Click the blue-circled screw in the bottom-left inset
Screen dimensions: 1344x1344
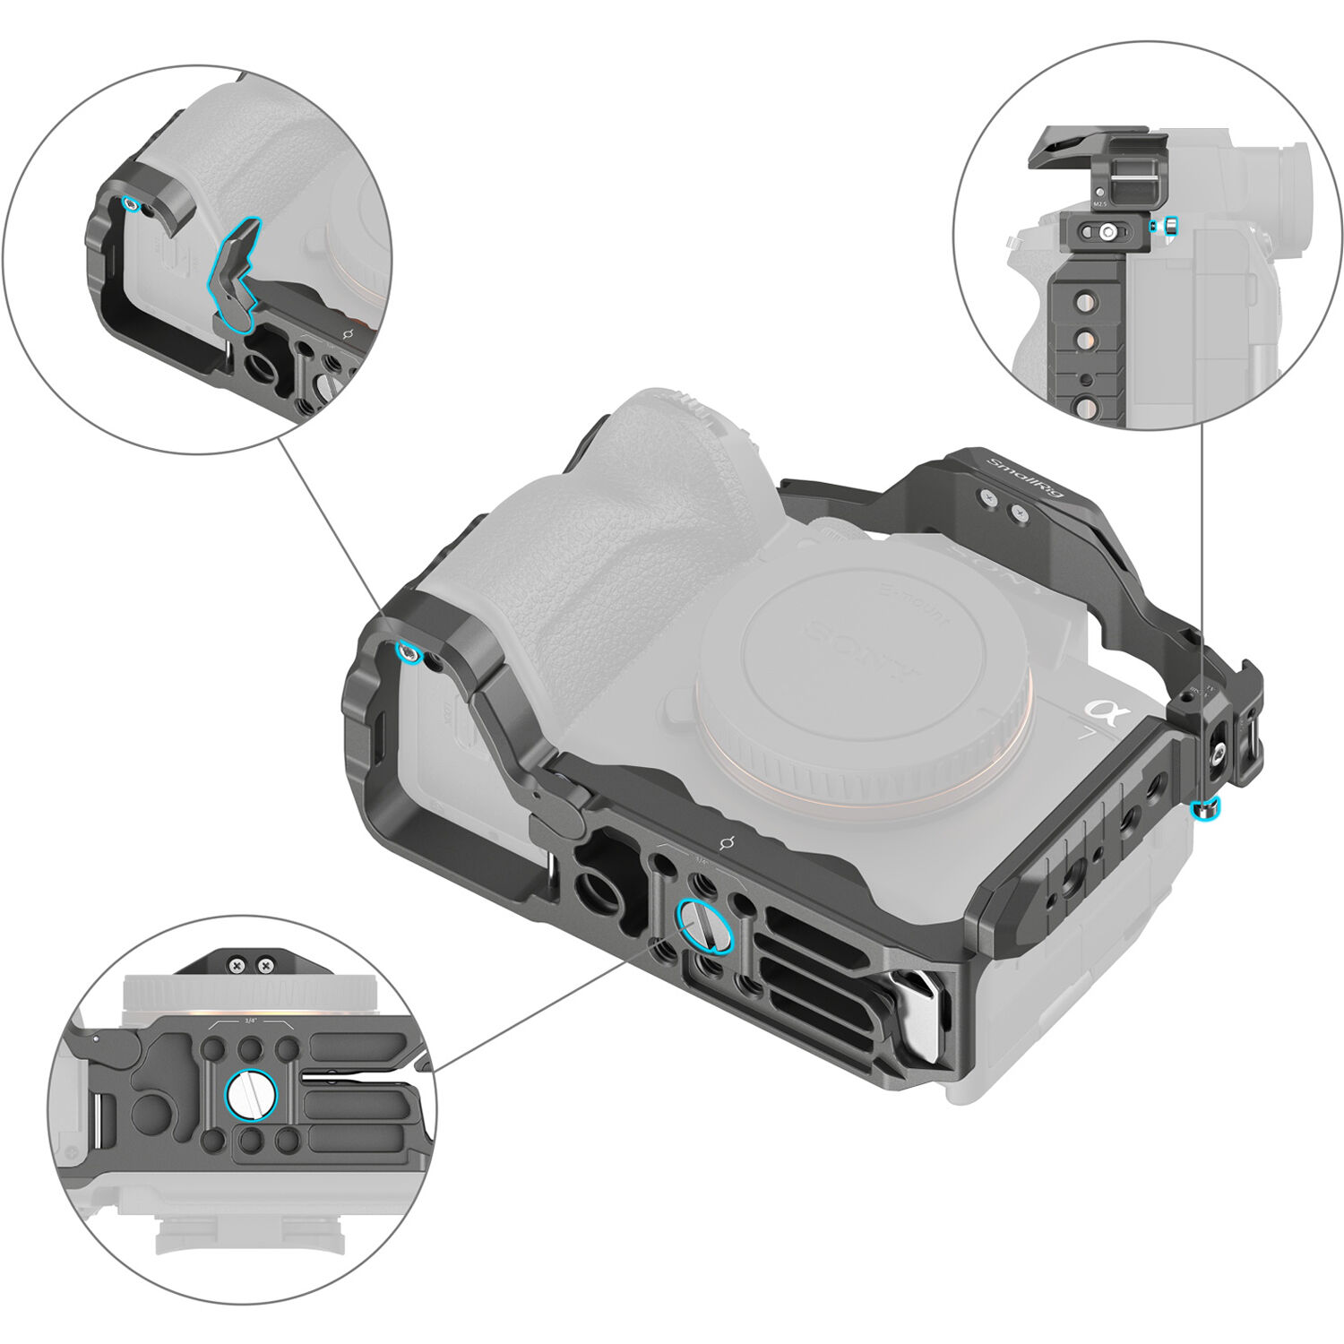251,1094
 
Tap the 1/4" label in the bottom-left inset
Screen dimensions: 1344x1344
249,1020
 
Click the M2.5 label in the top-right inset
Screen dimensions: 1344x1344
1103,204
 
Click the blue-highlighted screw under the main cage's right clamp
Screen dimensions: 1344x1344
1206,811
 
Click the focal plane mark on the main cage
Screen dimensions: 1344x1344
728,843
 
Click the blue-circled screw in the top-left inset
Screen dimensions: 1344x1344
132,204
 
